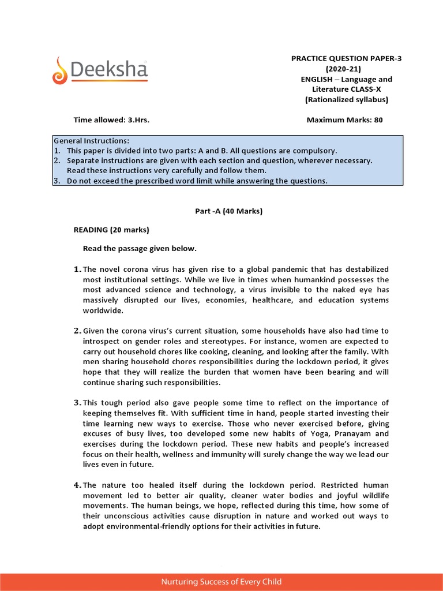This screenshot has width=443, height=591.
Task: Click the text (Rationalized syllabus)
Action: [346, 99]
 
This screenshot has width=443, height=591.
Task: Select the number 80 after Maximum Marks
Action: [378, 120]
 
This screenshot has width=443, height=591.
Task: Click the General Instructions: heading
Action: [92, 141]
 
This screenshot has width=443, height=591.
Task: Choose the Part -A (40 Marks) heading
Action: [229, 211]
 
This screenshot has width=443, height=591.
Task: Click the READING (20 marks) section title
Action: [111, 230]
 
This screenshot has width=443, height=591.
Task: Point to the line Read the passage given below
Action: [140, 249]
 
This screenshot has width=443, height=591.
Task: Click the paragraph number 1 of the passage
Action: [77, 270]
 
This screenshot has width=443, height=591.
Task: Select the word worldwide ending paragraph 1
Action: [103, 311]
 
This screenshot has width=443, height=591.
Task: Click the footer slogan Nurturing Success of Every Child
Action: [221, 582]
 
